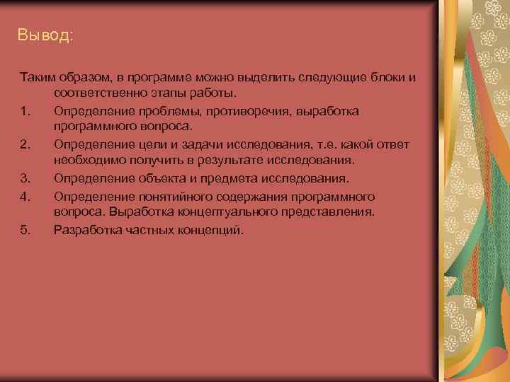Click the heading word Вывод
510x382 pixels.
pyautogui.click(x=45, y=35)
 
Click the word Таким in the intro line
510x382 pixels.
pyautogui.click(x=35, y=77)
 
